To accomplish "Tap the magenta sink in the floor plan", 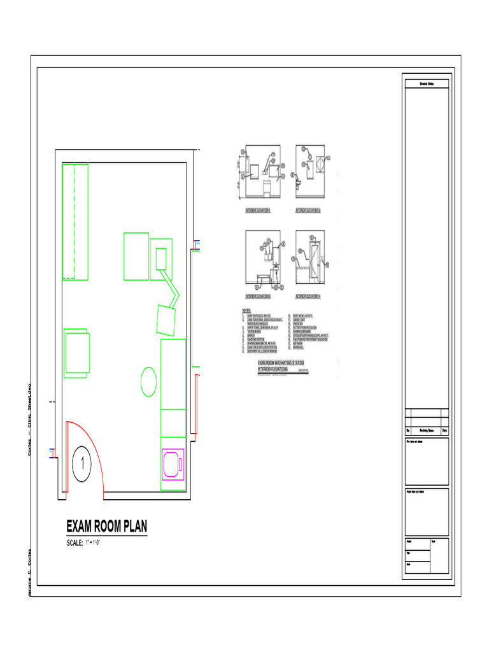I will [173, 464].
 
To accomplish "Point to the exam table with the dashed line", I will [74, 221].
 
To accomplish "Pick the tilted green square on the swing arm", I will [167, 320].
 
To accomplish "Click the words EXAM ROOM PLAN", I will [107, 527].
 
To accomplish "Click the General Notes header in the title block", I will [427, 84].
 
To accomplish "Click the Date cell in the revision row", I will [445, 430].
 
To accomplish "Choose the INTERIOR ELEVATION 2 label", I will [308, 209].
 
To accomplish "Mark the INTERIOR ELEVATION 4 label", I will [308, 297].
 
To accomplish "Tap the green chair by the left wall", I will [77, 351].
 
